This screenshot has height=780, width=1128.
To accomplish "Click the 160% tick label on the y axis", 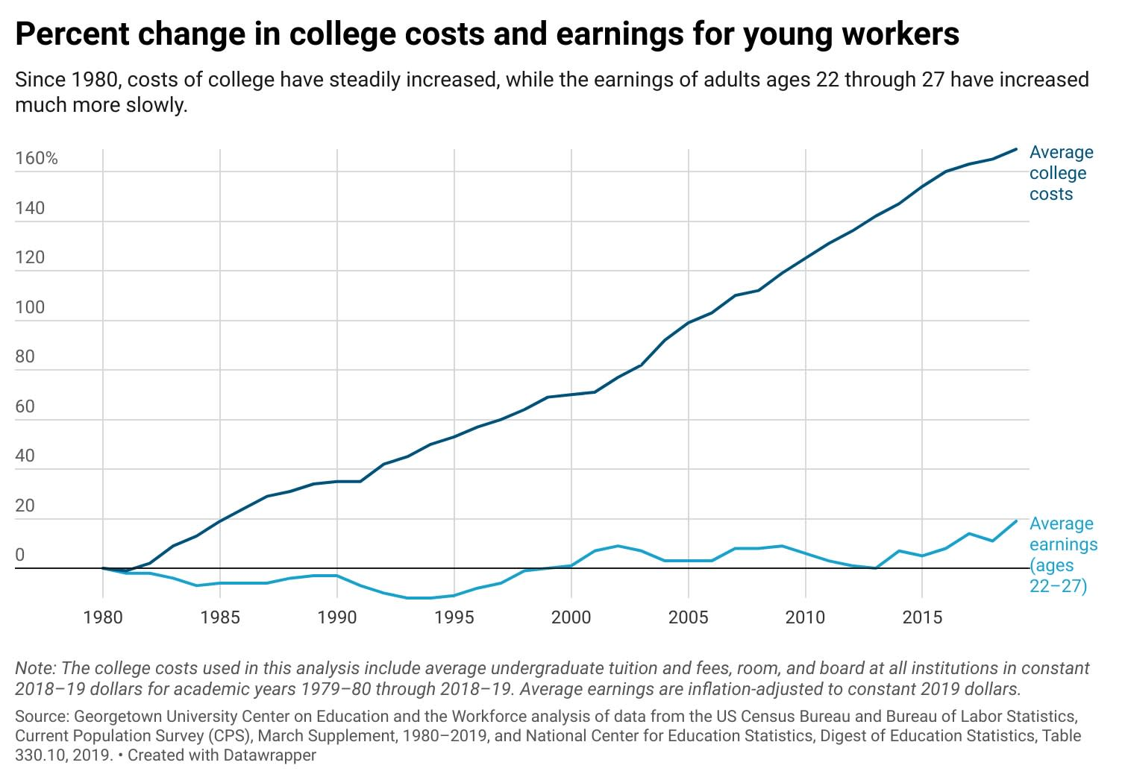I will (36, 158).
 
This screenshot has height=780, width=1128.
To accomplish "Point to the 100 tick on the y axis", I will (30, 307).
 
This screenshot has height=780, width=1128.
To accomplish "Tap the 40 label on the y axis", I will (25, 456).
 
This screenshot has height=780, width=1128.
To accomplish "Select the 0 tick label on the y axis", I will (19, 555).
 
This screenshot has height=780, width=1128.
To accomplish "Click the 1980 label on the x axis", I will (103, 617).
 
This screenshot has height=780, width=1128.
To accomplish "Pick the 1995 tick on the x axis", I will (454, 617).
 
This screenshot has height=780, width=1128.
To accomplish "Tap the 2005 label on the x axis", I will (689, 617).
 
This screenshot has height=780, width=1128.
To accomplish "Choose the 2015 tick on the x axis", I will (923, 617).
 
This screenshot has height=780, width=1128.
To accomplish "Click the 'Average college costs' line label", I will (1061, 173).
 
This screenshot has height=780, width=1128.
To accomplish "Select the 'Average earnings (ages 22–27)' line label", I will (1062, 555).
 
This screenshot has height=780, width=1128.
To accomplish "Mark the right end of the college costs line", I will (1016, 149).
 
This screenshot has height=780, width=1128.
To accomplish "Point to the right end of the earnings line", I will (1016, 521).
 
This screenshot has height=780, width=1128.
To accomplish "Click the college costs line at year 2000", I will (571, 394).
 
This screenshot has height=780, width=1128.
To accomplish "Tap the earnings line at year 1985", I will (220, 583).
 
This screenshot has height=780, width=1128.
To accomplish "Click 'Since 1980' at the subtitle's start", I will (63, 80).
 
